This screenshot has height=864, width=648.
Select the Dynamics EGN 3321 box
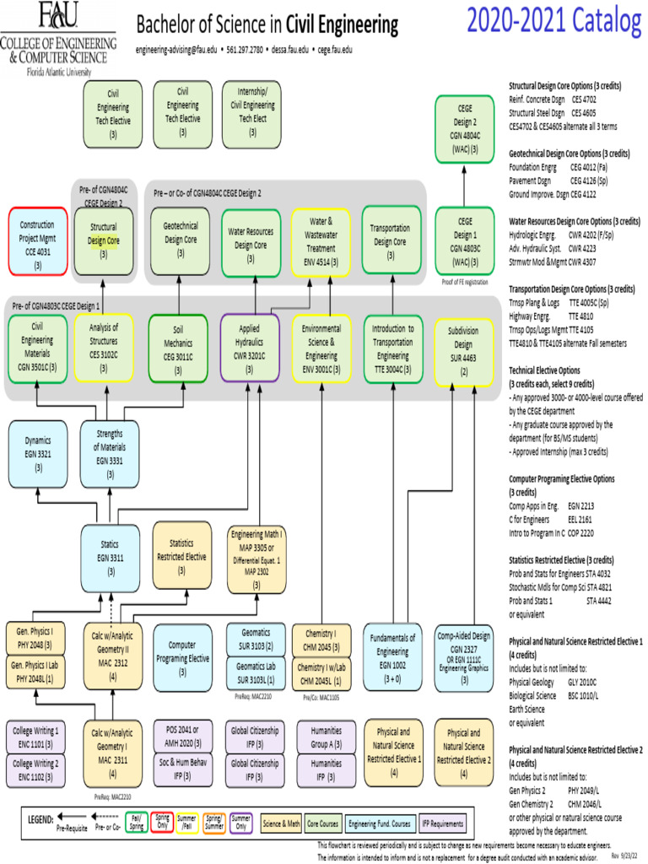38,452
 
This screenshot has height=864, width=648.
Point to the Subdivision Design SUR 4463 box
463,350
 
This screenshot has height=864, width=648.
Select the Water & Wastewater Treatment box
321,240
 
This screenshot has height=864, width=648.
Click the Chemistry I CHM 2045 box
320,639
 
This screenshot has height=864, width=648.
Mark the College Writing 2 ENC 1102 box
34,769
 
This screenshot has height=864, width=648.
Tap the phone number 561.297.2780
244,50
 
